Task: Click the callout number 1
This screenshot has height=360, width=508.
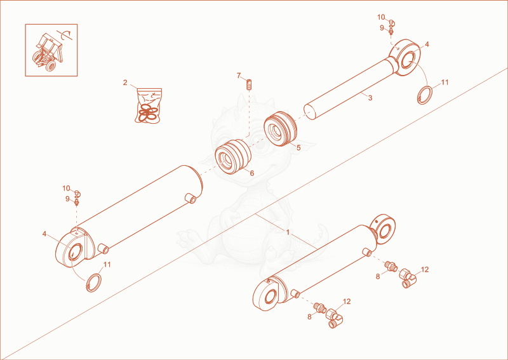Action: point(288,232)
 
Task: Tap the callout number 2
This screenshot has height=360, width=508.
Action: point(125,83)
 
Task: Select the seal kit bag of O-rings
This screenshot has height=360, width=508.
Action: point(149,105)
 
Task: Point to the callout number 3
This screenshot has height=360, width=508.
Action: point(370,98)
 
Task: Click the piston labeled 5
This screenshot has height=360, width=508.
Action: point(280,129)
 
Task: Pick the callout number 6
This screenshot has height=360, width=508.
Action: point(251,173)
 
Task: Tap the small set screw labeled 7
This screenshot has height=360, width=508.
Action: point(250,85)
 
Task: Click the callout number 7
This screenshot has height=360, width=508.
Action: point(239,76)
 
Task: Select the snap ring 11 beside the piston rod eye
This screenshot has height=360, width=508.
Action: point(424,95)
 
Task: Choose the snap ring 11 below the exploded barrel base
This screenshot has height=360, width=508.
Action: point(93,283)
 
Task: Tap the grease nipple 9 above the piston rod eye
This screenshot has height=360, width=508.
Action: point(391,32)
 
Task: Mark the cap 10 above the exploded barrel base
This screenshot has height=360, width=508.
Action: point(77,194)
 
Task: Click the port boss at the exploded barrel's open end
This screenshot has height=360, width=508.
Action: point(191,198)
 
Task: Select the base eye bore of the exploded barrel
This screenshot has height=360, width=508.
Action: point(75,252)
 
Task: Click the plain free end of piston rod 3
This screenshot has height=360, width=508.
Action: point(310,111)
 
